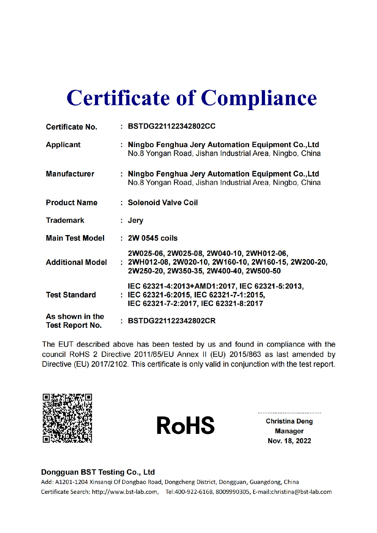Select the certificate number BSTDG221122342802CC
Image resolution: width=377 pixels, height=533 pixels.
coord(171,126)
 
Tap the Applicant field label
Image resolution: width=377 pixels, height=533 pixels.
coord(63,145)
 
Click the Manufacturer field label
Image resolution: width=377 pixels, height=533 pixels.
coord(70,174)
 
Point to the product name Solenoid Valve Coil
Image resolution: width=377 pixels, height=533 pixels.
coord(163,203)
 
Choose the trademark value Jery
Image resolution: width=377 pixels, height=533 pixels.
coord(135,220)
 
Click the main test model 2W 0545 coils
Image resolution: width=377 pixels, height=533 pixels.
coord(153,238)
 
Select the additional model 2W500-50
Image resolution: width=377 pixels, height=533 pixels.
coord(263,271)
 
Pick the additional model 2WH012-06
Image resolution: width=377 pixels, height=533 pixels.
coord(266,253)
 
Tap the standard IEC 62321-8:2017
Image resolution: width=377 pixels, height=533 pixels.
coord(232,304)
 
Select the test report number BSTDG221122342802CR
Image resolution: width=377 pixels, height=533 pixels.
coord(171,321)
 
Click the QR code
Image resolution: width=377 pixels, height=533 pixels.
coord(67,418)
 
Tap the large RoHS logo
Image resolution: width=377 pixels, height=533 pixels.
coord(185,426)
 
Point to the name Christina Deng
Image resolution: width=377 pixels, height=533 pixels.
coord(289,421)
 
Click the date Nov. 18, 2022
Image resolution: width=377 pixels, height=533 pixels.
coord(289,441)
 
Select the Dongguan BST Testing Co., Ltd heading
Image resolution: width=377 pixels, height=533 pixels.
coord(98,472)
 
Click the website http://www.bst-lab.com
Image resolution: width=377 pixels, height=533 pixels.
coord(125,492)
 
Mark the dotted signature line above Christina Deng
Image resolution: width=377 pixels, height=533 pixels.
coord(289,413)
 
